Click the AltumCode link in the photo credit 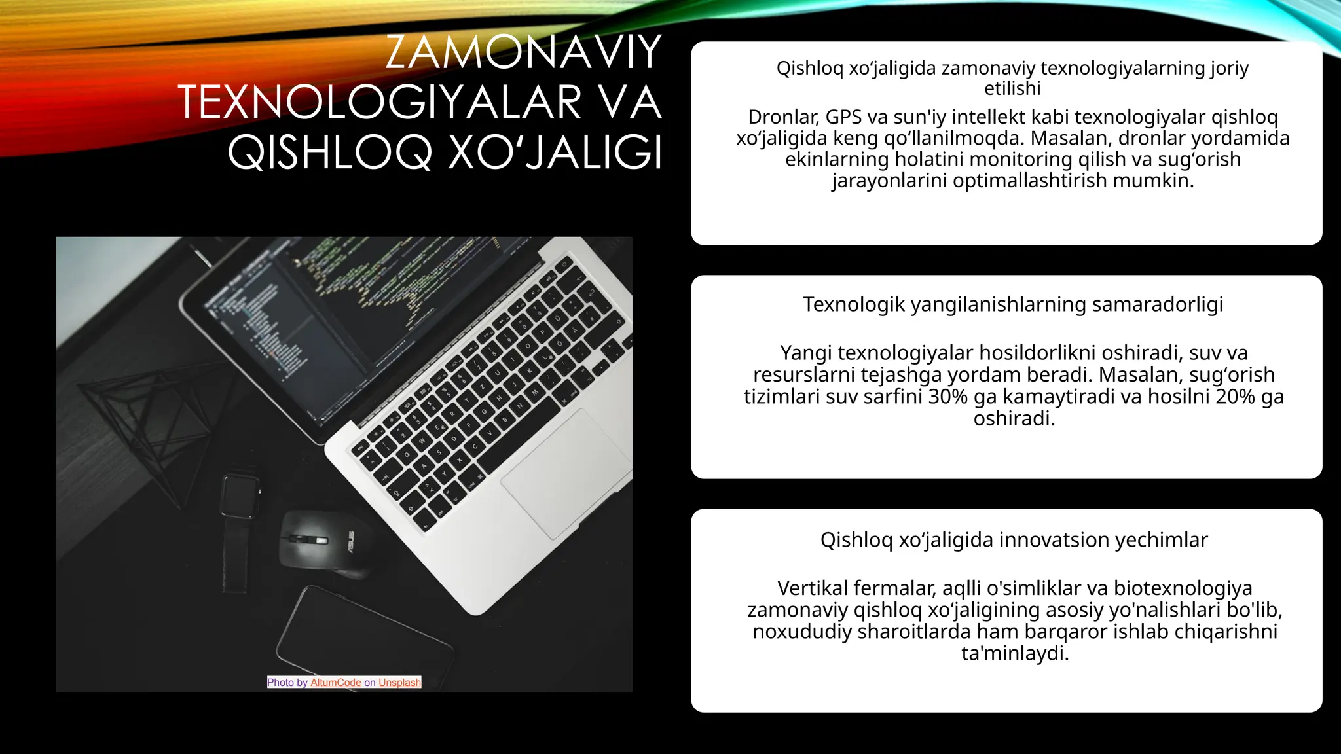pos(335,683)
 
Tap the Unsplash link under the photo pos(399,683)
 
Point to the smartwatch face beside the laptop pos(238,496)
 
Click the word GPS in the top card pos(843,117)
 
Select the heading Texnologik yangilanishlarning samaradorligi pos(1013,304)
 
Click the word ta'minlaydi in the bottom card pos(1014,653)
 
